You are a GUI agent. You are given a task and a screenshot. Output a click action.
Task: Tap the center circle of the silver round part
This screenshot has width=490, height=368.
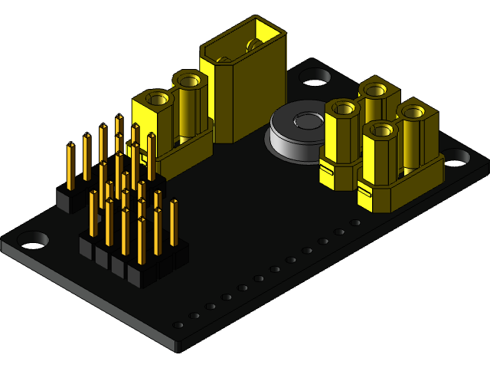309,120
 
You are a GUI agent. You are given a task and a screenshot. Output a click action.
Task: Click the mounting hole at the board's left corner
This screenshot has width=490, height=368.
31,239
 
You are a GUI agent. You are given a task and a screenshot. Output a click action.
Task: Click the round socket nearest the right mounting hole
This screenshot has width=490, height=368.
414,113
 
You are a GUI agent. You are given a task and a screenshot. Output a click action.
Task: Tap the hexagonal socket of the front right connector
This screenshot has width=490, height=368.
379,131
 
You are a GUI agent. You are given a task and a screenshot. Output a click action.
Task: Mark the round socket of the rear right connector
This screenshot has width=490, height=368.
375,90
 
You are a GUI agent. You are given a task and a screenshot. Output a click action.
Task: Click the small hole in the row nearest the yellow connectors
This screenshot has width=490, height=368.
355,222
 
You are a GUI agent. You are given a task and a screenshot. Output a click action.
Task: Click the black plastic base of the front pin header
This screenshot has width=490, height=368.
130,264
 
